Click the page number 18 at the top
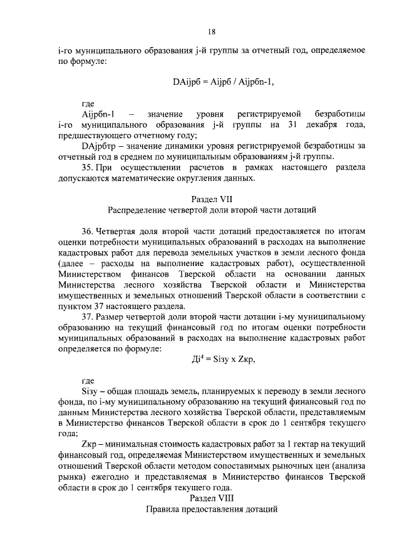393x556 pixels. [x=212, y=32]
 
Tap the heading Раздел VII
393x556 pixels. [x=212, y=199]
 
